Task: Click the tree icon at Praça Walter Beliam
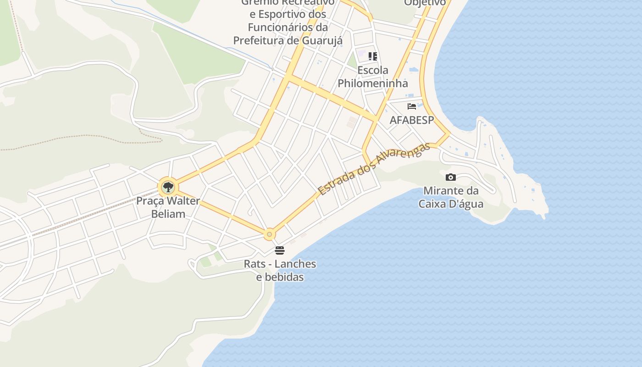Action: [168, 187]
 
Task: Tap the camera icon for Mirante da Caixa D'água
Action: [450, 178]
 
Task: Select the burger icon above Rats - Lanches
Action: [279, 250]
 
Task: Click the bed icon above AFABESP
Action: [412, 106]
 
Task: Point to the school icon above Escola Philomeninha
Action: [373, 56]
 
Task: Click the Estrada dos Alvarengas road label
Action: [374, 169]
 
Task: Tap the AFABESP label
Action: [411, 120]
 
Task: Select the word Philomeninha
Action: [373, 83]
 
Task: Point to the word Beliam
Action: [168, 214]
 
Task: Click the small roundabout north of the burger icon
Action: [269, 234]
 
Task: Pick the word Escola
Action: [373, 71]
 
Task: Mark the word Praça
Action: [150, 201]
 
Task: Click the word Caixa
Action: [434, 204]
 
